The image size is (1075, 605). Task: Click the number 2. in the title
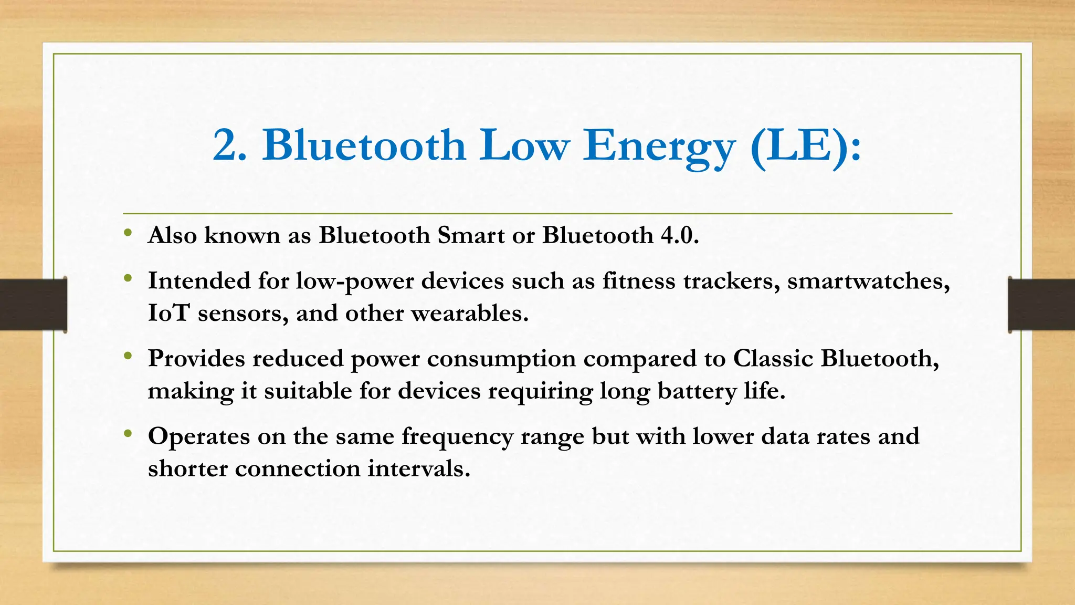(x=229, y=145)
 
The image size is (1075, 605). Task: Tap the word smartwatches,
(x=868, y=281)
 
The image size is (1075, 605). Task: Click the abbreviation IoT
(x=168, y=314)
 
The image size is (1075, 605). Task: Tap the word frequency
(x=457, y=437)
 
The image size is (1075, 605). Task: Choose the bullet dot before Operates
(x=128, y=434)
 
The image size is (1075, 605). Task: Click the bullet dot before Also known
(x=128, y=233)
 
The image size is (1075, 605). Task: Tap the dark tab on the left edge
(x=33, y=305)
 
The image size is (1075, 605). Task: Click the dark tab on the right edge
(x=1041, y=305)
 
